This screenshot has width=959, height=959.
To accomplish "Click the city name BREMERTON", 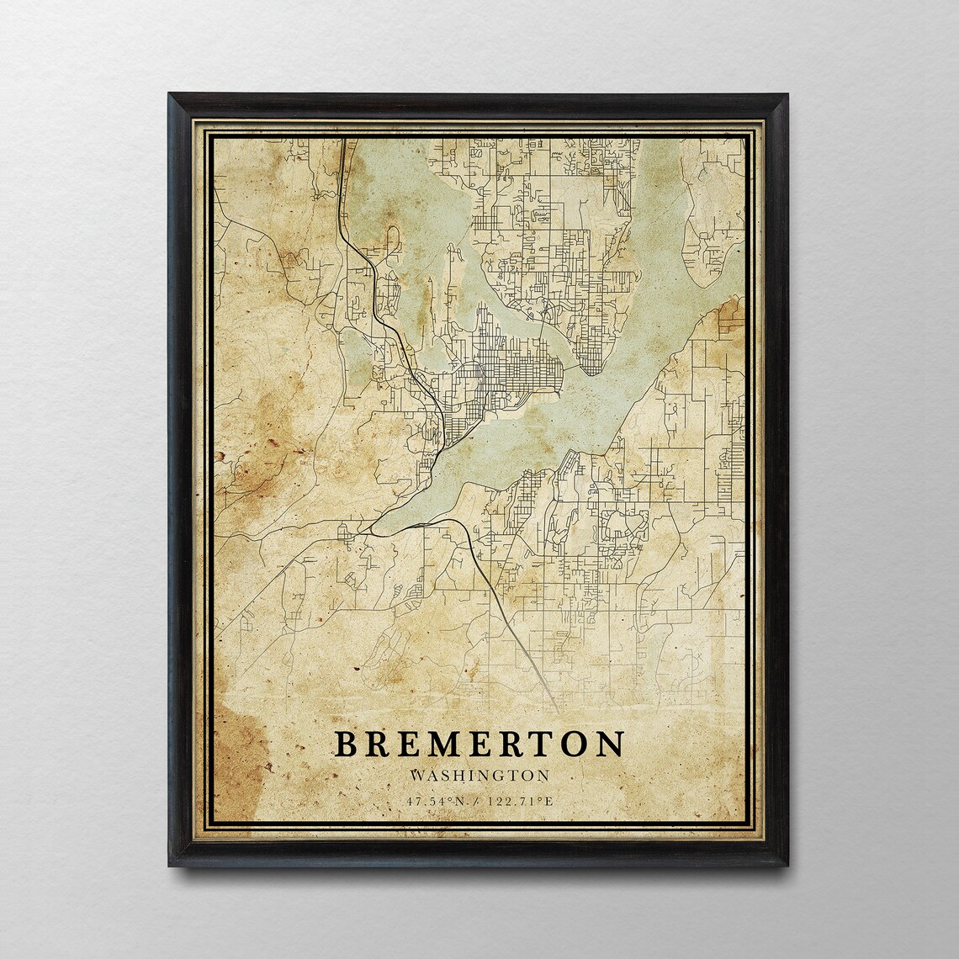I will pos(479,744).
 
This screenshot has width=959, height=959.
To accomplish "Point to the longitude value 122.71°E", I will pos(522,799).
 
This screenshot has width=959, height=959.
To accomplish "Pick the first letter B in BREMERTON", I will pos(345,744).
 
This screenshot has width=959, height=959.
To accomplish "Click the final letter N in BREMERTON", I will pos(612,744).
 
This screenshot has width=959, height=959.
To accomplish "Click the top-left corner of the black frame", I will pos(169,95).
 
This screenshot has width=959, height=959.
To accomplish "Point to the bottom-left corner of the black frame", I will pos(169,865).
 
